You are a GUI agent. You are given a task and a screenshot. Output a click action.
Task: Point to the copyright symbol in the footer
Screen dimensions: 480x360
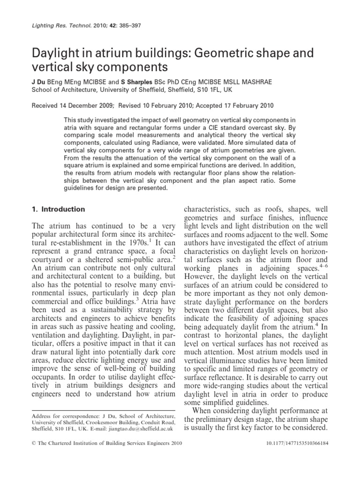pyautogui.click(x=33, y=454)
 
